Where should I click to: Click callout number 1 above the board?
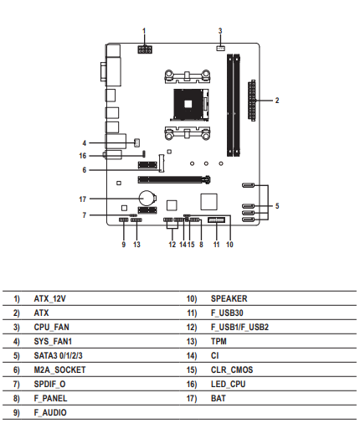point(144,31)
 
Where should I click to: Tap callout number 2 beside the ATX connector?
point(277,101)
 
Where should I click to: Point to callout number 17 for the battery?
point(83,199)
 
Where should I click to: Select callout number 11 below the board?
point(216,245)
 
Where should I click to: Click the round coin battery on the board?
point(147,199)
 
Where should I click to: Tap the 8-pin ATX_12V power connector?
point(145,49)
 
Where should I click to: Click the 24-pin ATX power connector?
point(251,101)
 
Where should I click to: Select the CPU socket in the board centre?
point(191,105)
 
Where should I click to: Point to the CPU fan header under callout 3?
point(220,49)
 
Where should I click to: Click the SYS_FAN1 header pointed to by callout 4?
point(136,142)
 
